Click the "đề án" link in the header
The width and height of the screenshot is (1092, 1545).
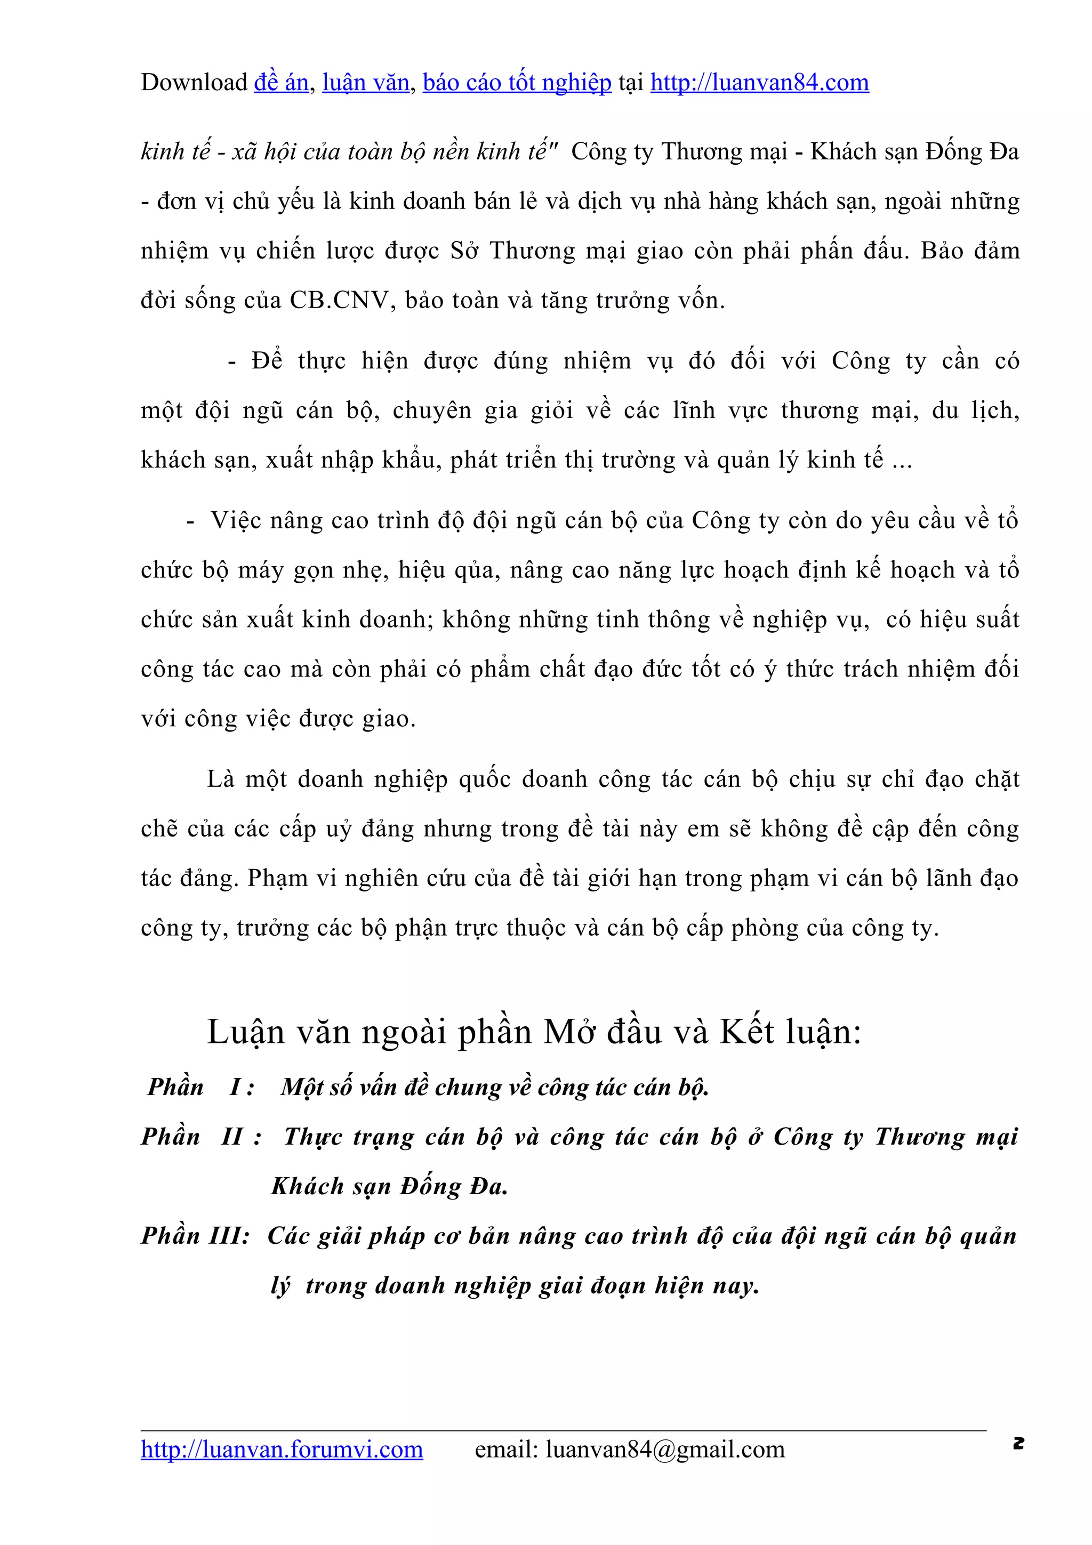pyautogui.click(x=281, y=83)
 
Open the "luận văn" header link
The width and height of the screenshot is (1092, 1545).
pyautogui.click(x=365, y=83)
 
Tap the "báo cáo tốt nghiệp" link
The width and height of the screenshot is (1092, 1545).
pyautogui.click(x=517, y=83)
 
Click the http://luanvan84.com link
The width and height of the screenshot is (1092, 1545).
pyautogui.click(x=759, y=83)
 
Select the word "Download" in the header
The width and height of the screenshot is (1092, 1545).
pyautogui.click(x=194, y=83)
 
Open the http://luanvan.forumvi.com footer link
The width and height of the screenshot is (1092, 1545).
pyautogui.click(x=281, y=1449)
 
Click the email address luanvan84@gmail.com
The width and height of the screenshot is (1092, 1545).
pyautogui.click(x=665, y=1449)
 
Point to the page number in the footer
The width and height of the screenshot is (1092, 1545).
pyautogui.click(x=1018, y=1443)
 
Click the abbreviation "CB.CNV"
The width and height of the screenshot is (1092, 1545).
pyautogui.click(x=340, y=300)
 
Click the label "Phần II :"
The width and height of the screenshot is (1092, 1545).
pyautogui.click(x=201, y=1137)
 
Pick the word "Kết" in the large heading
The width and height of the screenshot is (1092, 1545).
pyautogui.click(x=747, y=1032)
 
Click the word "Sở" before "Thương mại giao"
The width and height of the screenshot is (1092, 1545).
pyautogui.click(x=463, y=251)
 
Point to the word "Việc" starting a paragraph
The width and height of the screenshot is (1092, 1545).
pyautogui.click(x=236, y=521)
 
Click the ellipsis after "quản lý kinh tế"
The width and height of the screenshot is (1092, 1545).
pyautogui.click(x=902, y=460)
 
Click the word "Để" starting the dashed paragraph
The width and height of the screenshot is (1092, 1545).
pyautogui.click(x=267, y=361)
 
